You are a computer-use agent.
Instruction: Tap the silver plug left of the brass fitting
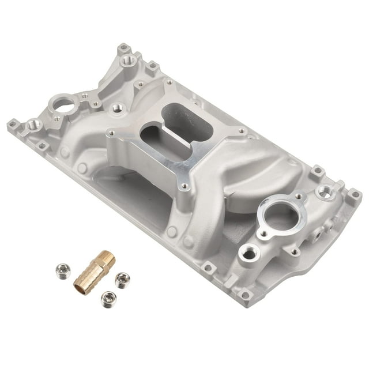point(62,270)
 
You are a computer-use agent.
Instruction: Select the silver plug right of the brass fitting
point(122,280)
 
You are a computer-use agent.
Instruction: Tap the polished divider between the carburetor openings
point(172,132)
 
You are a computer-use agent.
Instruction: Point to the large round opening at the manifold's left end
point(64,104)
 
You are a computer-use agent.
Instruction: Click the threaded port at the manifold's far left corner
point(34,124)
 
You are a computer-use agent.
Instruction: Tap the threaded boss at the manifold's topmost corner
point(129,59)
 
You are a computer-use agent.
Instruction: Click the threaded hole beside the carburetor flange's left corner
point(118,108)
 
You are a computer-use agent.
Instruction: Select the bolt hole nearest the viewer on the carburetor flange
point(184,186)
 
